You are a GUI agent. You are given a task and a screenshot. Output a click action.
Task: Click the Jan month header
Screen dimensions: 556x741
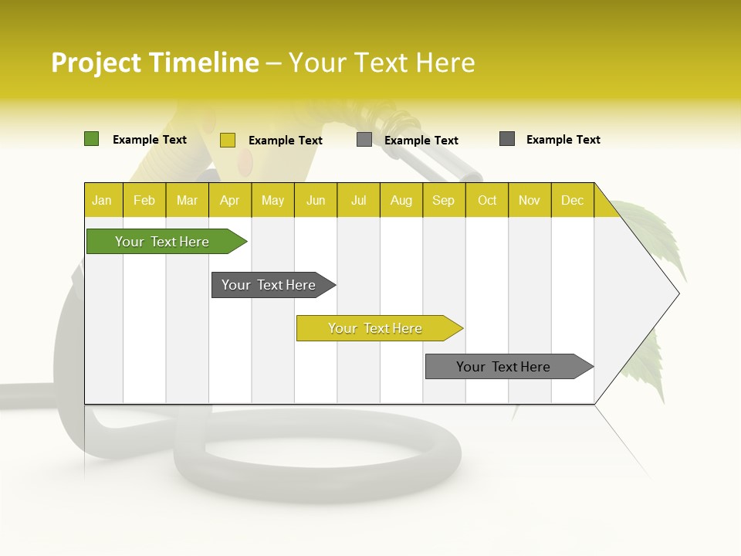point(102,200)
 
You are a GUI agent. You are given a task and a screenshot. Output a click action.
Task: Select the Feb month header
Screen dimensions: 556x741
point(144,200)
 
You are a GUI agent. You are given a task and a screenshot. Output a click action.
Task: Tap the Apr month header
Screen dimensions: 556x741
point(229,200)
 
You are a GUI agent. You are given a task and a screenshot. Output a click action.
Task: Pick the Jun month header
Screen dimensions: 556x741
point(316,200)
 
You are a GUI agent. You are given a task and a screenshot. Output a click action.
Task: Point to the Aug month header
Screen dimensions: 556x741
point(401,200)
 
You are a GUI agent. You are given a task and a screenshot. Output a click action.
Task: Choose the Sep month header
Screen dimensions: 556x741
point(443,200)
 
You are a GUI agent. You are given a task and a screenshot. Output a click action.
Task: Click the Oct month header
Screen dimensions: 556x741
point(487,200)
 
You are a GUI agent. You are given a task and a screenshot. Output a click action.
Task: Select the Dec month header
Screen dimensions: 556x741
point(572,200)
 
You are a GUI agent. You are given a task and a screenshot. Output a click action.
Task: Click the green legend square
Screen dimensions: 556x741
point(92,139)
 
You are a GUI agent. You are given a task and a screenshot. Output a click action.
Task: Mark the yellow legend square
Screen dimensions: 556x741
point(228,140)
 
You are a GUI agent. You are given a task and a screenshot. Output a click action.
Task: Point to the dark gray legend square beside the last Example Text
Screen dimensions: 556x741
point(507,139)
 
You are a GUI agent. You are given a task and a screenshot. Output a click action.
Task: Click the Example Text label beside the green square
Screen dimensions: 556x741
point(150,140)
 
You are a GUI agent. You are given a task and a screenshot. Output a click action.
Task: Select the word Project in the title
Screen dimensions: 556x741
point(96,63)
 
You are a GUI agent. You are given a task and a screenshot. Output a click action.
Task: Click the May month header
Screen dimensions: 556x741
point(272,200)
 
